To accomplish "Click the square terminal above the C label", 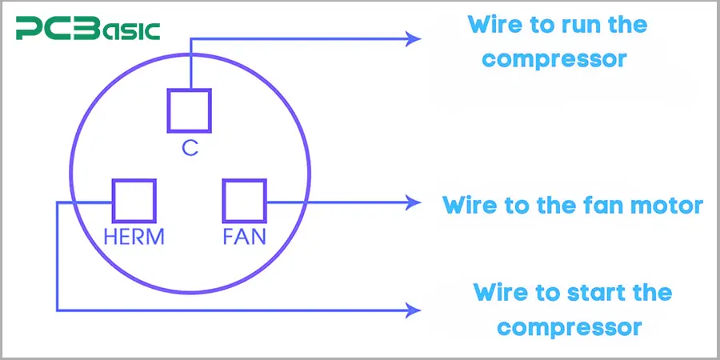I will point(190,110).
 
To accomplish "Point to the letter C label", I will point(190,148).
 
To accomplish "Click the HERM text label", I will point(134,238).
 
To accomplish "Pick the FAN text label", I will point(244,238).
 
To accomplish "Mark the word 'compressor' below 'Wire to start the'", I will point(574,327).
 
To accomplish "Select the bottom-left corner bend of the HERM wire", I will point(57,310).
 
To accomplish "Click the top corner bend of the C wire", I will point(190,38).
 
